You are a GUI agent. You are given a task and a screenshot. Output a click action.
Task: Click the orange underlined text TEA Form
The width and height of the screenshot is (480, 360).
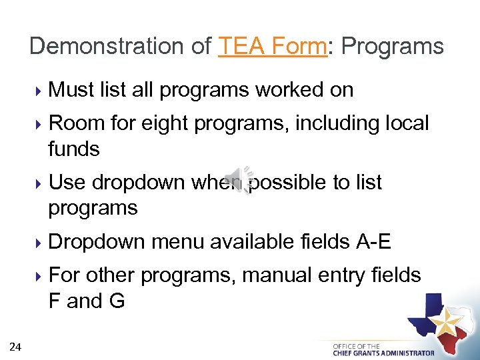coord(273,46)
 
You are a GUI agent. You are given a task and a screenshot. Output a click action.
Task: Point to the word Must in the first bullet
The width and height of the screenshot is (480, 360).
coord(72,90)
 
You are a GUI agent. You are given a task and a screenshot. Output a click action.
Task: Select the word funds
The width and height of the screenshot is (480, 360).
coord(74,149)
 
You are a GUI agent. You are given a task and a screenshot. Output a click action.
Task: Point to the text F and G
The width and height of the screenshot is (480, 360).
coord(87,301)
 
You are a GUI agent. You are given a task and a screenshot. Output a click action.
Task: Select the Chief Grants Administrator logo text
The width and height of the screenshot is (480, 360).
coord(383,349)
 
